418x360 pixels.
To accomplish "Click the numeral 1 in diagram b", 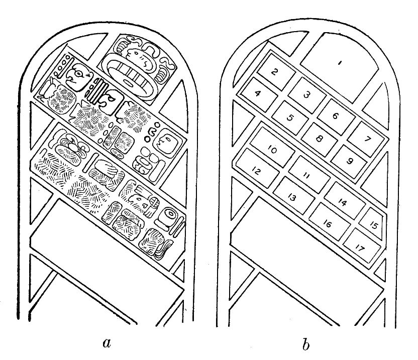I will [x=340, y=63].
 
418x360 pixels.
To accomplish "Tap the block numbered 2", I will [x=274, y=72].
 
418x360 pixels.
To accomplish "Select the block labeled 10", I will [x=272, y=149].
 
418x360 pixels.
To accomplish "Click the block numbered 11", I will [x=307, y=175].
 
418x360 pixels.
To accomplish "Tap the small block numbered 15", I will [x=374, y=225].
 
